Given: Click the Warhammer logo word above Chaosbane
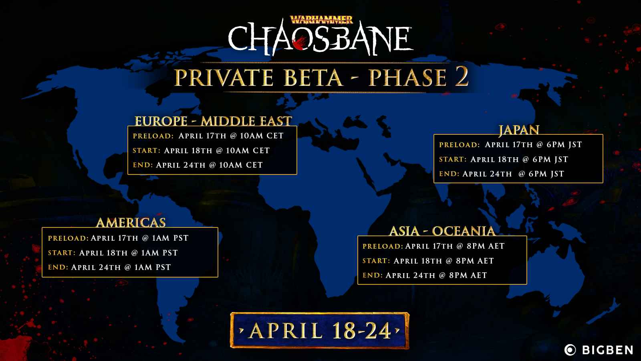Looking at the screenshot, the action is pos(321,20).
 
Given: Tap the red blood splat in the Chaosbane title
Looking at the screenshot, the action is pos(300,43).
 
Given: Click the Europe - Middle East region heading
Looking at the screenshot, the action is pos(213,121).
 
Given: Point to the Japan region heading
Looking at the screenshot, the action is pos(518,130).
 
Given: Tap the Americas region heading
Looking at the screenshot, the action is pos(131,223).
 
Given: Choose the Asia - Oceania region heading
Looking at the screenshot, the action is pos(442,231).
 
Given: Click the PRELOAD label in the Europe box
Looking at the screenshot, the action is pos(153,136).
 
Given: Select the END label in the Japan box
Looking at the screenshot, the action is pos(449,174).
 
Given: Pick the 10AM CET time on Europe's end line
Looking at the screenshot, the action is pos(241,165).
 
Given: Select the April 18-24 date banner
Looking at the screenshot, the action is pos(320,331).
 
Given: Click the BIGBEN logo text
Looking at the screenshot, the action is pos(607,350).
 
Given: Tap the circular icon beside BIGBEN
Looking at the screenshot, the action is pos(570,350).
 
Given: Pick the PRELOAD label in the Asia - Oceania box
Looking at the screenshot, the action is pos(383,246).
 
